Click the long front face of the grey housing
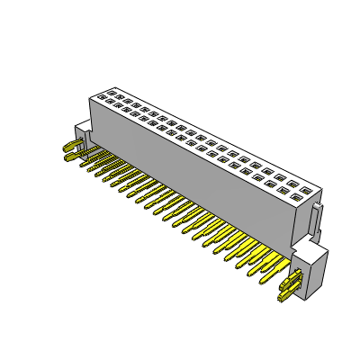(198, 171)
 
